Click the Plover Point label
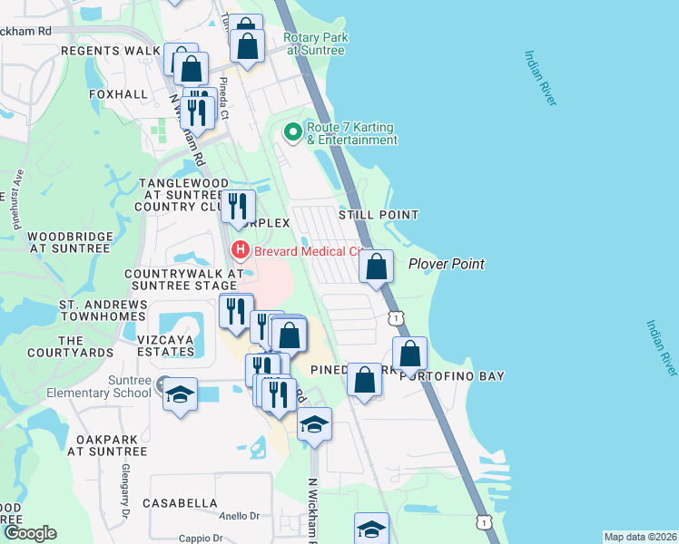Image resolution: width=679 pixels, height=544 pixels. pyautogui.click(x=446, y=264)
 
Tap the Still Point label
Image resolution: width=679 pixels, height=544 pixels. pyautogui.click(x=379, y=215)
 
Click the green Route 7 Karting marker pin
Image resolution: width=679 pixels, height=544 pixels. pyautogui.click(x=292, y=132)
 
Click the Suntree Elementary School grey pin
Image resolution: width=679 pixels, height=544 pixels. pyautogui.click(x=162, y=384)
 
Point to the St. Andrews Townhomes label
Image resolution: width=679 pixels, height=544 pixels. pyautogui.click(x=102, y=309)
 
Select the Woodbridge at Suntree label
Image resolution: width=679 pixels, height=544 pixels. pyautogui.click(x=70, y=242)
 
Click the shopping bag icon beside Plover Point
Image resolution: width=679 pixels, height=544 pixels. pyautogui.click(x=377, y=267)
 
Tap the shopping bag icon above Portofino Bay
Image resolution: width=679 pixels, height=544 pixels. pyautogui.click(x=410, y=354)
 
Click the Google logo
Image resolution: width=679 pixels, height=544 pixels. pyautogui.click(x=30, y=533)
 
